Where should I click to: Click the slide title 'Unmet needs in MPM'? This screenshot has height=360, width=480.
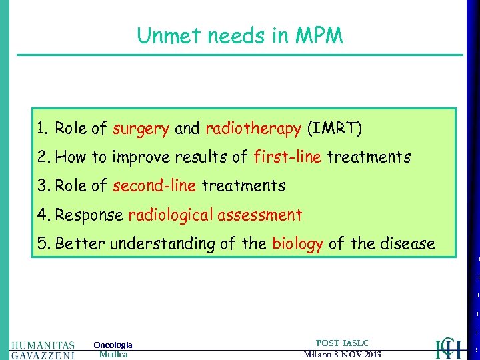pos(240,35)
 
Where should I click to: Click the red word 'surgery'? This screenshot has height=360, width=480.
pos(141,129)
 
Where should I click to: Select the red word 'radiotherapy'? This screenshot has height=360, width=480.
pos(253,128)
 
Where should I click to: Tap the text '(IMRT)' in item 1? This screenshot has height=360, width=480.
pos(333,128)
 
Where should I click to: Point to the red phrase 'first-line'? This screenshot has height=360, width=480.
pos(288,157)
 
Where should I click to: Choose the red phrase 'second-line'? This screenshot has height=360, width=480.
pos(154,186)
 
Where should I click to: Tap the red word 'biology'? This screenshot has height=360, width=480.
pos(297,244)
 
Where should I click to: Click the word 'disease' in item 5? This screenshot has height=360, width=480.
pos(406,244)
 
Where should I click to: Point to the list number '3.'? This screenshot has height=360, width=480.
pos(43,186)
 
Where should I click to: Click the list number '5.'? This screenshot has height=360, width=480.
pos(43,244)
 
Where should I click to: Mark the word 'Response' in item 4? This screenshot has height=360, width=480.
pos(89,215)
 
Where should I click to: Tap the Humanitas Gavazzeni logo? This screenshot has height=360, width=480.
pos(43,350)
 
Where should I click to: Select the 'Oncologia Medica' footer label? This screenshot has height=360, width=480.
pos(113,350)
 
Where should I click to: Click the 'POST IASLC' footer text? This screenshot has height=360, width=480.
pos(342,343)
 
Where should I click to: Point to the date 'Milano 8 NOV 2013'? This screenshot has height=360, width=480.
pos(342,354)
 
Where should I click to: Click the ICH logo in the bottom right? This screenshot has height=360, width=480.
pos(447,347)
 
